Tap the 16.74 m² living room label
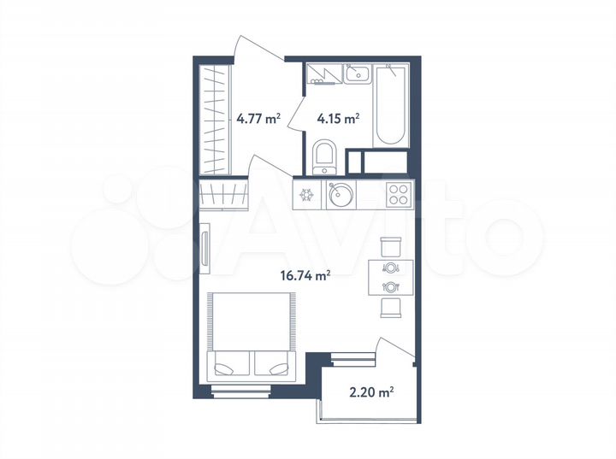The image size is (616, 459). [x=305, y=275]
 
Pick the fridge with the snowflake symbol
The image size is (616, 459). [x=306, y=194]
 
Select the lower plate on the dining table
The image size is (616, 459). [x=390, y=286]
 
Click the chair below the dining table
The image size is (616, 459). [x=390, y=308]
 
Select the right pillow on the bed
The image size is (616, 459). [x=272, y=366]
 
